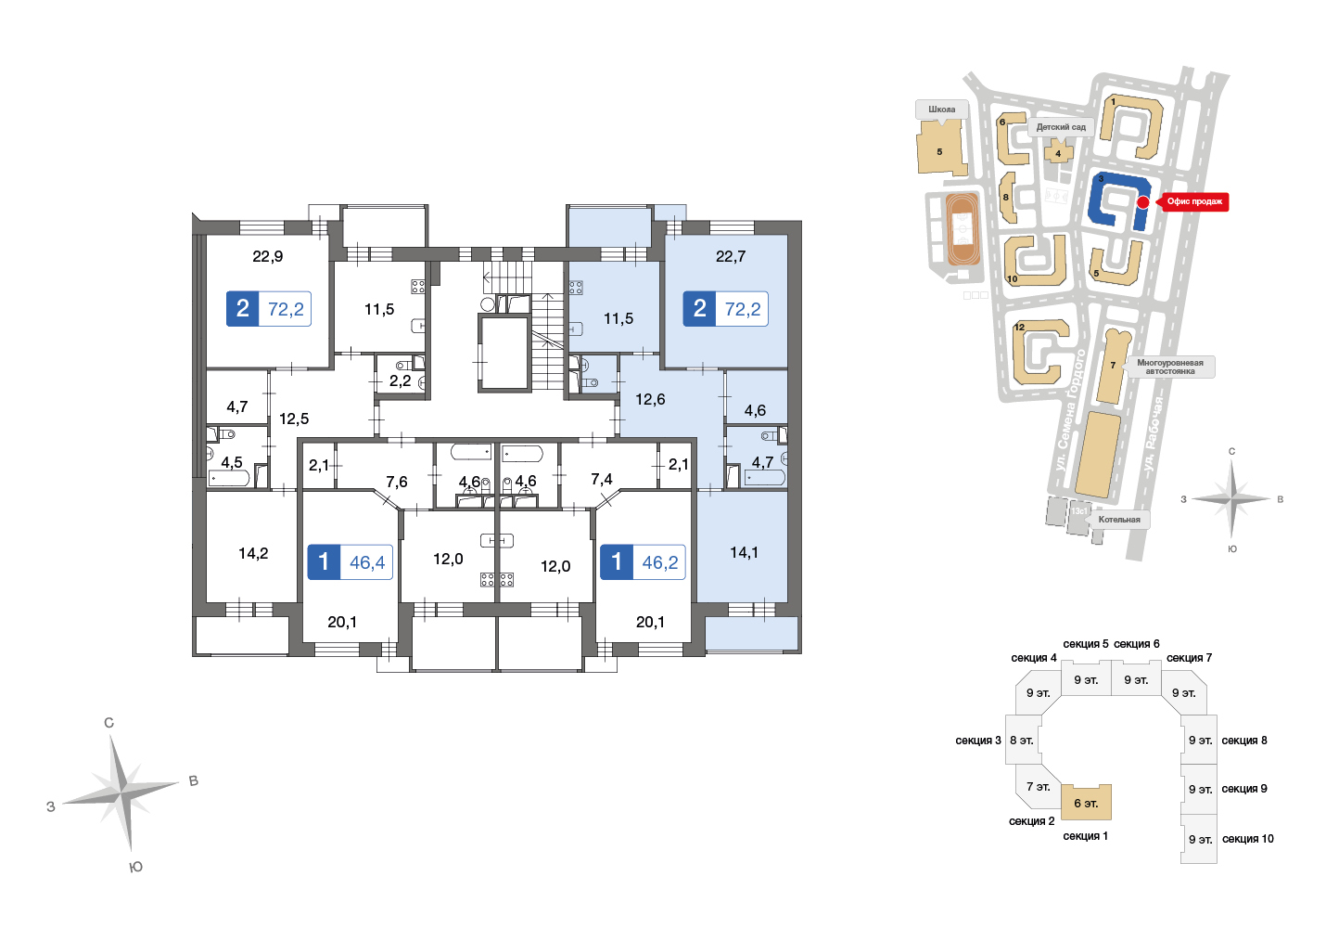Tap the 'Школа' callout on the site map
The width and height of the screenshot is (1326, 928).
(x=942, y=110)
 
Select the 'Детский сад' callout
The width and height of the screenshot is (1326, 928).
(x=1062, y=127)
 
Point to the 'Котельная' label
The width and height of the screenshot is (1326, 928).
(x=1119, y=520)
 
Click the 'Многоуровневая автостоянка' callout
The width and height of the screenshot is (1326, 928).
(x=1170, y=367)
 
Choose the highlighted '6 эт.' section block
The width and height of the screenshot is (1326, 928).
(x=1086, y=803)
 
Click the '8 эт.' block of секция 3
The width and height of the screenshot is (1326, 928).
(x=1023, y=741)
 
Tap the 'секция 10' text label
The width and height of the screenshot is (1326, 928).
(x=1247, y=839)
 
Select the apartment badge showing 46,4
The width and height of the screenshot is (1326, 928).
(x=350, y=561)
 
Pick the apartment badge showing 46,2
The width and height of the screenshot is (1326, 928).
(x=643, y=561)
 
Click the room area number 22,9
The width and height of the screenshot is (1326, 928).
(x=268, y=257)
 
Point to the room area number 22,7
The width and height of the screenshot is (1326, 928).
(x=731, y=257)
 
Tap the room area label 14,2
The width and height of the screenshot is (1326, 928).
(x=253, y=553)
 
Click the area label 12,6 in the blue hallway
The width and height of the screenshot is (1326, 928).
(x=650, y=400)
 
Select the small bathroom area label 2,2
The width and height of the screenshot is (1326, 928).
(x=401, y=381)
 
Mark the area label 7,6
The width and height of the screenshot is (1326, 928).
(x=397, y=482)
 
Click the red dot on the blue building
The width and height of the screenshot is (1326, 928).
(x=1143, y=202)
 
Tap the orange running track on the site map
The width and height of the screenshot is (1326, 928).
(x=963, y=228)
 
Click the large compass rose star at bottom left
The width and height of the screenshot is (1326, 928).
(x=121, y=793)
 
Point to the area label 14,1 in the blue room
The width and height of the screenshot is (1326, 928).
(x=744, y=553)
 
